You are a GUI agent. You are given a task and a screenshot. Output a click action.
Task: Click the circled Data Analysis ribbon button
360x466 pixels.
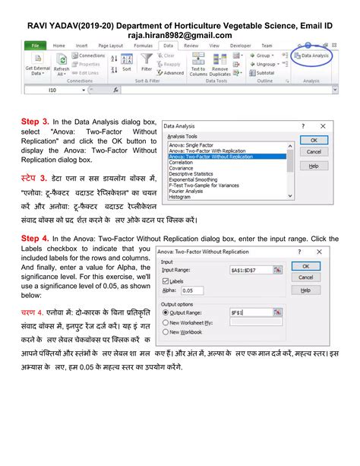312,55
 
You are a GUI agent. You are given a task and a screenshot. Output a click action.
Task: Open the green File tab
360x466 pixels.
35,46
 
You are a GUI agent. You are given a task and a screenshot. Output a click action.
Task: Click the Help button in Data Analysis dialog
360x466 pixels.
313,165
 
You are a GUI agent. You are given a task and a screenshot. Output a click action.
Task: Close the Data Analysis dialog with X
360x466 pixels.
322,125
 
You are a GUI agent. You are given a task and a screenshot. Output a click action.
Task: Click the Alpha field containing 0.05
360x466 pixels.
193,290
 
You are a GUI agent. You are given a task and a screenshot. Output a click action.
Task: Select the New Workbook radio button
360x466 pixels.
165,332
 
